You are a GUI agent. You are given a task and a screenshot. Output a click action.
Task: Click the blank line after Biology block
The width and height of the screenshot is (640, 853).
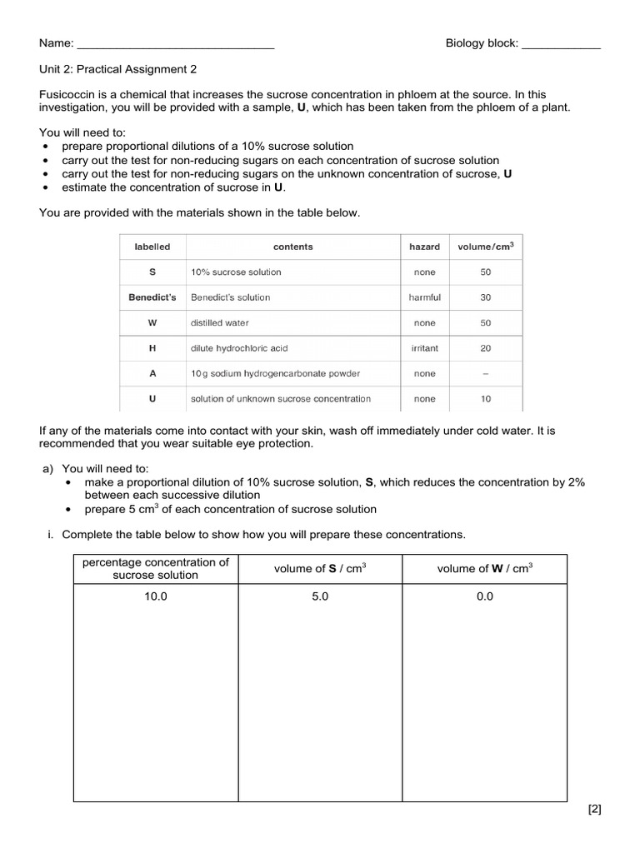pyautogui.click(x=560, y=44)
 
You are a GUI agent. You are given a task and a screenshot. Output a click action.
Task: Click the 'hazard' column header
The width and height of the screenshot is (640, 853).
pyautogui.click(x=424, y=247)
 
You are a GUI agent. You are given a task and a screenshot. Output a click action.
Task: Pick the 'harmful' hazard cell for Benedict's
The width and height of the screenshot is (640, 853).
pyautogui.click(x=424, y=297)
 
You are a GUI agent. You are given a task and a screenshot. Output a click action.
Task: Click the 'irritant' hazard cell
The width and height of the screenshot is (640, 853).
pyautogui.click(x=424, y=348)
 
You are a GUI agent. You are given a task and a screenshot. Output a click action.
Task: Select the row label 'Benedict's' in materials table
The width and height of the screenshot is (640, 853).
pyautogui.click(x=152, y=297)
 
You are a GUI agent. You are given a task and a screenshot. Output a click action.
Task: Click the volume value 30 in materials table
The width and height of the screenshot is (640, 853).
pyautogui.click(x=486, y=297)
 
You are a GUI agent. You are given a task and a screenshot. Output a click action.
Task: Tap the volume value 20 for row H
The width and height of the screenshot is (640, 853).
pyautogui.click(x=486, y=348)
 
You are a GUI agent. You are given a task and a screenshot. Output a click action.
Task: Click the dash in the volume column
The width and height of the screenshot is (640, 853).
pyautogui.click(x=486, y=374)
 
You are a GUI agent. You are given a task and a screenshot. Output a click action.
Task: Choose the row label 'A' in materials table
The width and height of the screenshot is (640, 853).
pyautogui.click(x=152, y=374)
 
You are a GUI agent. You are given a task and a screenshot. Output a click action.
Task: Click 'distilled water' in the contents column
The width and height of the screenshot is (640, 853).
pyautogui.click(x=219, y=322)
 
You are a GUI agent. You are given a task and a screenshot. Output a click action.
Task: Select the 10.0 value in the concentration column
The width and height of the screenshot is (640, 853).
pyautogui.click(x=155, y=596)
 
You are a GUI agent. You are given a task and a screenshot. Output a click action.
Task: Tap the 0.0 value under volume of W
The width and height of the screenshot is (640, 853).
pyautogui.click(x=484, y=596)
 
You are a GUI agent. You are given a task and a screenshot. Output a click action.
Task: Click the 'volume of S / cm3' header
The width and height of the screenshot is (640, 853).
pyautogui.click(x=320, y=569)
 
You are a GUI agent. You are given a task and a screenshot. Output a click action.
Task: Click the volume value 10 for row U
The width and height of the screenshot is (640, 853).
pyautogui.click(x=486, y=399)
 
